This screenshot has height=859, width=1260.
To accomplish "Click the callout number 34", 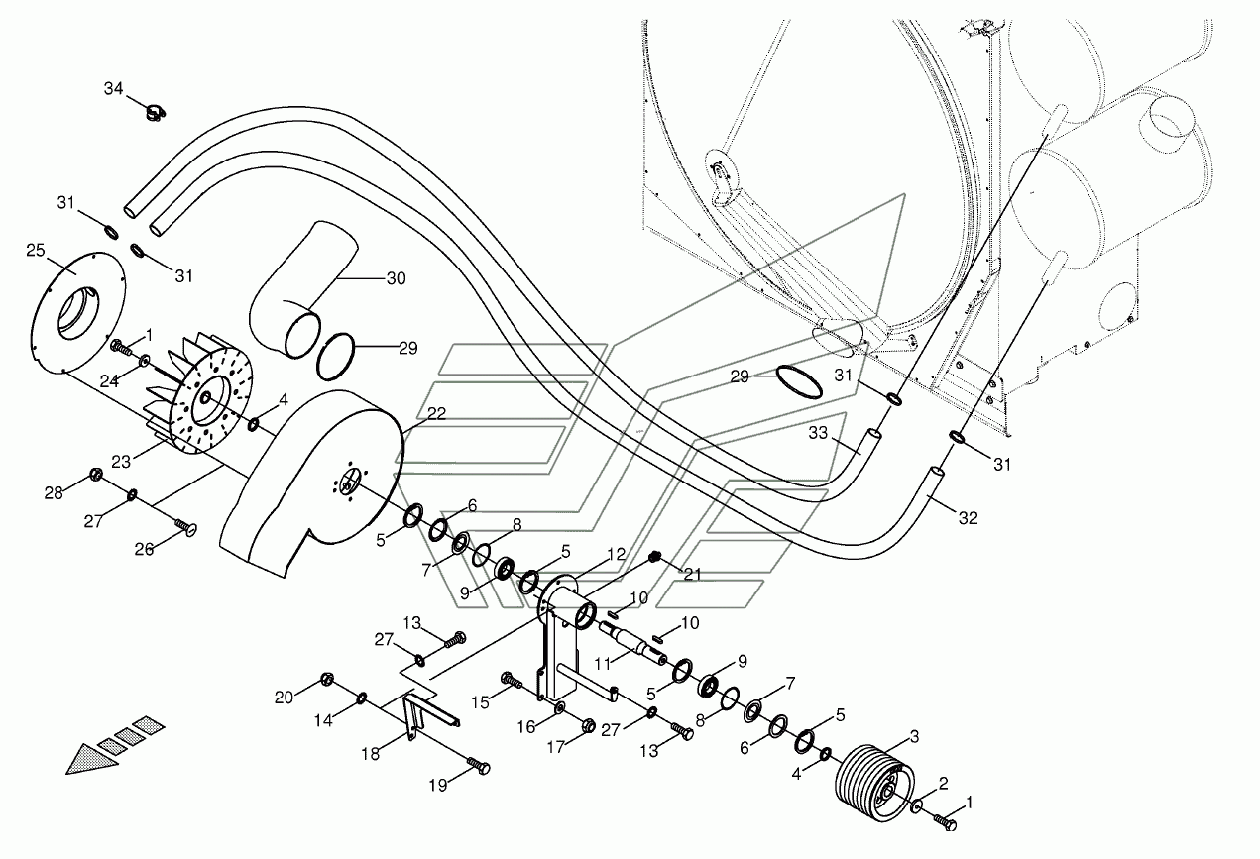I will click(114, 89).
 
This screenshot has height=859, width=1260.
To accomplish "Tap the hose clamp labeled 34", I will click(154, 114).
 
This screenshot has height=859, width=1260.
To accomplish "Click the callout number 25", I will click(36, 251).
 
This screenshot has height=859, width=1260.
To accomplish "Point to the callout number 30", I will click(396, 278).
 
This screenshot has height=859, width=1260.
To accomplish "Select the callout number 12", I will click(617, 555).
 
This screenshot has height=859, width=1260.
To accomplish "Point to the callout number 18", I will click(370, 754).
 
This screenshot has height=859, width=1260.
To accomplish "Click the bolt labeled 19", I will click(479, 766).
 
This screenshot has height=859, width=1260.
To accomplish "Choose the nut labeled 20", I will click(327, 680).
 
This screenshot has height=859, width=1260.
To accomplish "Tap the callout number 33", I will click(817, 433).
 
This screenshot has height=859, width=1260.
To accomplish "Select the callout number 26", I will click(145, 549).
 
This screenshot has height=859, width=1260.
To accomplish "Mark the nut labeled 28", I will click(97, 473).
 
